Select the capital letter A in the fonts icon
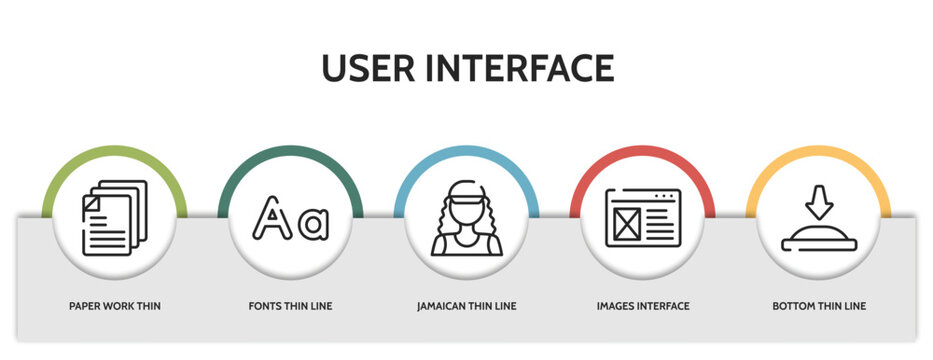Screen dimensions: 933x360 [269, 220]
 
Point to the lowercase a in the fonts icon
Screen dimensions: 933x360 [313, 224]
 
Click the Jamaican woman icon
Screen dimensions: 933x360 [467, 220]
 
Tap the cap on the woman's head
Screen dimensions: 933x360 [467, 192]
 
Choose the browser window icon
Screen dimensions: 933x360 [643, 218]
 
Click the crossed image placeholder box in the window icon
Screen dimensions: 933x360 [626, 224]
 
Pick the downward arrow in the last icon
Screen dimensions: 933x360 [819, 202]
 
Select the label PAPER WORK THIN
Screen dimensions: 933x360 [115, 306]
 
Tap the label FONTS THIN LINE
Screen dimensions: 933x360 [290, 306]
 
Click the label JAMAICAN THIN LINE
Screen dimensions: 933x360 [467, 306]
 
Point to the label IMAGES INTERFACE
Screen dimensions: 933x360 [643, 306]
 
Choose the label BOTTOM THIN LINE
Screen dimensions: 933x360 [819, 306]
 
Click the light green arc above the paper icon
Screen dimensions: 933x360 [115, 152]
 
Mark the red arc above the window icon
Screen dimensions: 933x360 [643, 152]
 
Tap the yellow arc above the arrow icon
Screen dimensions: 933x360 [819, 152]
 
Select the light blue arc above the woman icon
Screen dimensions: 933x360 [467, 152]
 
